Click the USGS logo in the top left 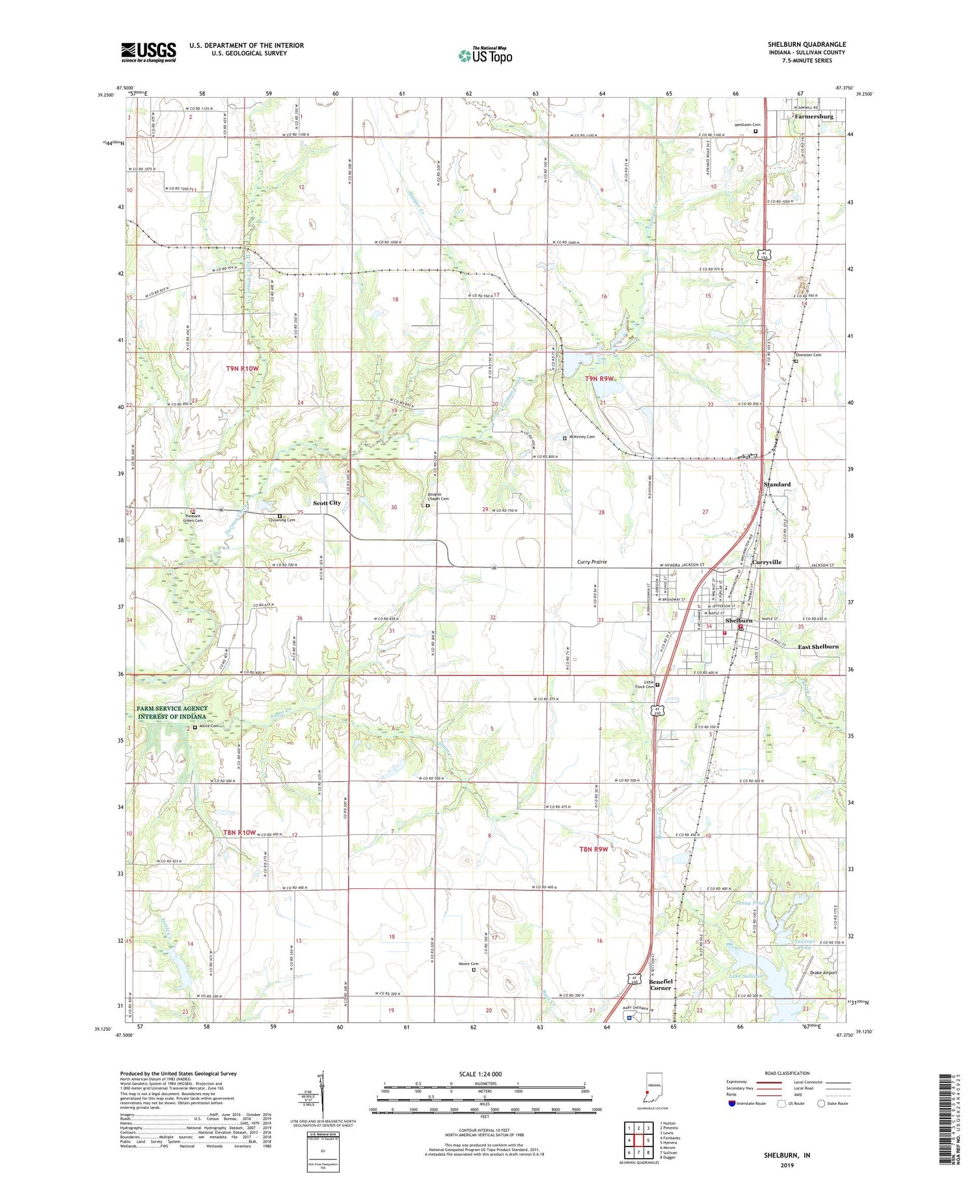pos(148,52)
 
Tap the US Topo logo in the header pos(485,56)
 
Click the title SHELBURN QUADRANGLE pos(806,44)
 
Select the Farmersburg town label pos(813,116)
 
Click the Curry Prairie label pos(592,561)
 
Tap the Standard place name pos(777,484)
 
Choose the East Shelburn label pos(818,647)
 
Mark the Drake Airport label pos(823,972)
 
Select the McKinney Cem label pos(582,437)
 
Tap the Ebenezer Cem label pos(808,355)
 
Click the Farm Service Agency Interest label pos(172,712)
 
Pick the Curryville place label pos(766,562)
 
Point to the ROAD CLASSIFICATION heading pos(787,1073)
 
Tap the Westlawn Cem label pos(747,125)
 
